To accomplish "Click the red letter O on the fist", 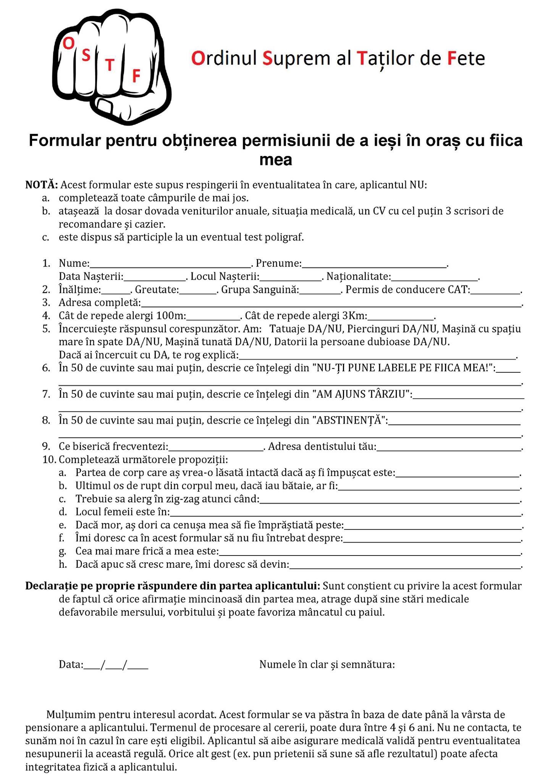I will pyautogui.click(x=68, y=44).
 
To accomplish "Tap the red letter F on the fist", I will pyautogui.click(x=136, y=76).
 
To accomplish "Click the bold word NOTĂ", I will pyautogui.click(x=41, y=185).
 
